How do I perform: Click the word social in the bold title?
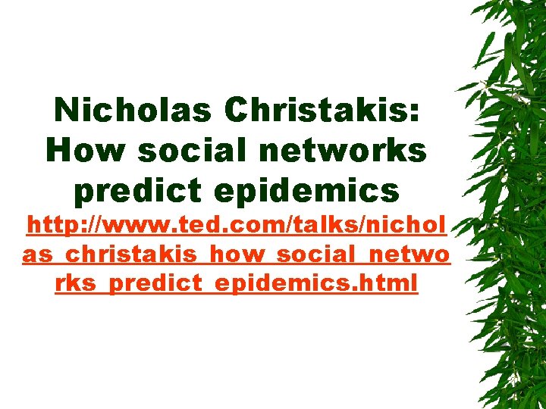pos(182,151)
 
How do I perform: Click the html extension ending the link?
pos(391,284)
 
